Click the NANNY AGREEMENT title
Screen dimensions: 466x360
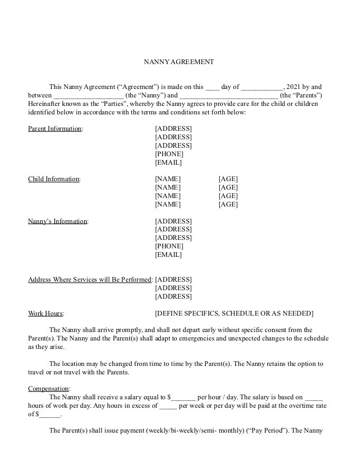point(179,62)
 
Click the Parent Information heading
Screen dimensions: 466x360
point(55,129)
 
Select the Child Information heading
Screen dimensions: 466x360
point(53,179)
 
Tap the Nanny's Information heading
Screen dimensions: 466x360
point(58,221)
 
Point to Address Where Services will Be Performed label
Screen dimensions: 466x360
point(90,280)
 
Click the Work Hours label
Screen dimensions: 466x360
point(46,313)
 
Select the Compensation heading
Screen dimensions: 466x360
point(49,389)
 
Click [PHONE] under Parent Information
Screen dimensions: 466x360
point(169,154)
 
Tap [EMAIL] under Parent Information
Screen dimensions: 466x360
point(168,163)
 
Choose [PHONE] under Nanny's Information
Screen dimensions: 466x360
point(169,246)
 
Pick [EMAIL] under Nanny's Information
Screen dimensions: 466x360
point(168,255)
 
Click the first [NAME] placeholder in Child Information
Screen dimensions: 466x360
point(167,179)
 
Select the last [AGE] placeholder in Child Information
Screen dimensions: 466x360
point(228,204)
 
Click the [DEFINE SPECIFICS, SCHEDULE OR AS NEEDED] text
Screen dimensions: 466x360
point(234,313)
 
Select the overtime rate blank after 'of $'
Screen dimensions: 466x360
point(50,415)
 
